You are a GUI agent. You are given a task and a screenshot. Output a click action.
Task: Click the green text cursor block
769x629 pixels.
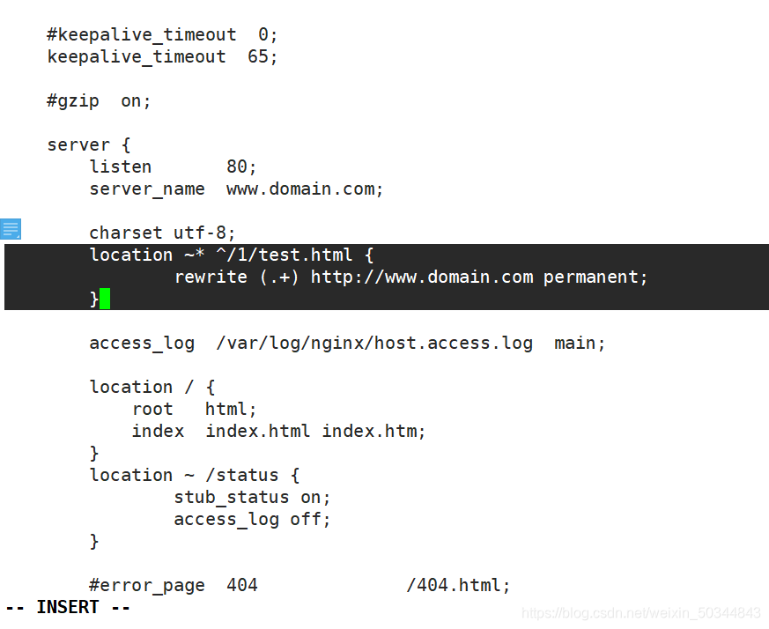(x=105, y=299)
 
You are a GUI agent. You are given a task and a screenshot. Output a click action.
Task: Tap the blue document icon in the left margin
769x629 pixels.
(x=11, y=230)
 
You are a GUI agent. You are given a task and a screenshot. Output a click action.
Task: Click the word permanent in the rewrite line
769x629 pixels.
(x=595, y=277)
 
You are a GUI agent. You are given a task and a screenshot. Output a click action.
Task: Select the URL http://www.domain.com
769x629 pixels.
(x=422, y=277)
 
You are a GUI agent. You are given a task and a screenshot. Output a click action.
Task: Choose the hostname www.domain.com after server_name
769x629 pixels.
(x=305, y=189)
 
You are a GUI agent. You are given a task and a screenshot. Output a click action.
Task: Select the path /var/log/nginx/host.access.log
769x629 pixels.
(x=374, y=343)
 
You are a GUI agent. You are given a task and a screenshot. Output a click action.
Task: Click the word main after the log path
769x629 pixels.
(x=579, y=343)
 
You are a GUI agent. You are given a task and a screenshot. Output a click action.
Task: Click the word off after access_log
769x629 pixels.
(x=309, y=519)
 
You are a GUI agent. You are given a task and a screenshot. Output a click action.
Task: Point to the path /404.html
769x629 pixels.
(x=457, y=585)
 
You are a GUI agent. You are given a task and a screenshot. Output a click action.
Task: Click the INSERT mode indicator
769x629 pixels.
(x=68, y=607)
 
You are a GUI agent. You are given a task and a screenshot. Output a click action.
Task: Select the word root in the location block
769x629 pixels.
(x=152, y=409)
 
